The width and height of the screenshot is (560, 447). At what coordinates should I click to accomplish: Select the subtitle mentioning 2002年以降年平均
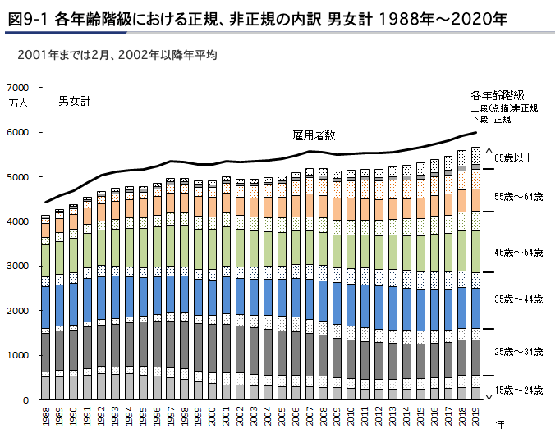coord(111,56)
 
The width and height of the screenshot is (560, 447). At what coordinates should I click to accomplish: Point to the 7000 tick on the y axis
coord(17,88)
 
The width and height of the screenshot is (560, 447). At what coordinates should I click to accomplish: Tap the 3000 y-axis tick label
coord(17,267)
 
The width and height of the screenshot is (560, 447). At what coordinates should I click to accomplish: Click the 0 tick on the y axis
coord(25,400)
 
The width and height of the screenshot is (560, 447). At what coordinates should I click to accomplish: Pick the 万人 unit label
coord(18,103)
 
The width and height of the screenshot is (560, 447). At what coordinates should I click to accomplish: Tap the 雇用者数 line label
coord(313,135)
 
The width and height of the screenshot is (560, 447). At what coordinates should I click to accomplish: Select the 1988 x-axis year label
coord(46,417)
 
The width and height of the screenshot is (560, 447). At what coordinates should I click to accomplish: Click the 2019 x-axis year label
coord(475,417)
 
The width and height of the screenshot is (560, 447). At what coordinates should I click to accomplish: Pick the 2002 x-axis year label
coord(240,417)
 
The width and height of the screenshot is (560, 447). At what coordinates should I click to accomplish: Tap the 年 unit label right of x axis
coord(500,424)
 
